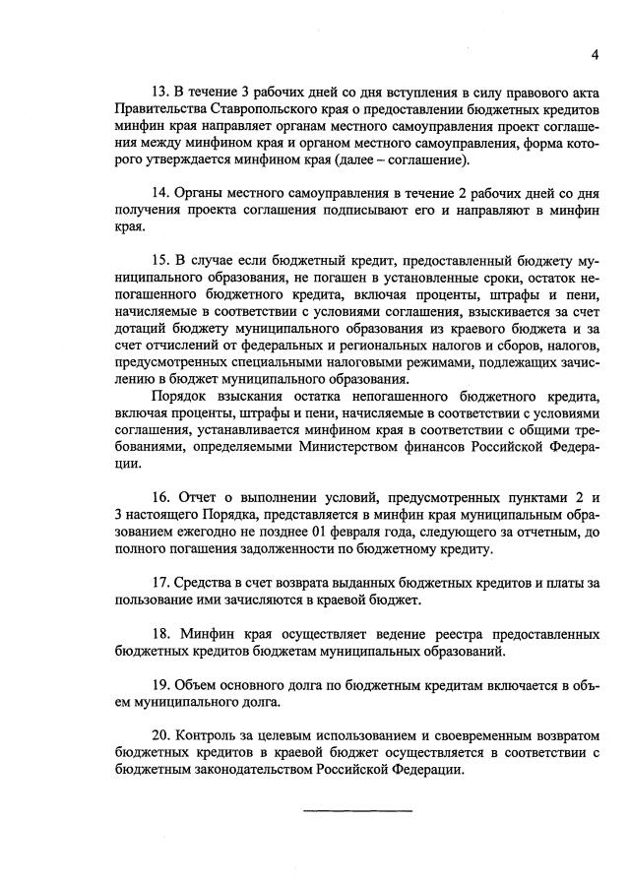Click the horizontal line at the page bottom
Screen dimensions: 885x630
click(x=357, y=811)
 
